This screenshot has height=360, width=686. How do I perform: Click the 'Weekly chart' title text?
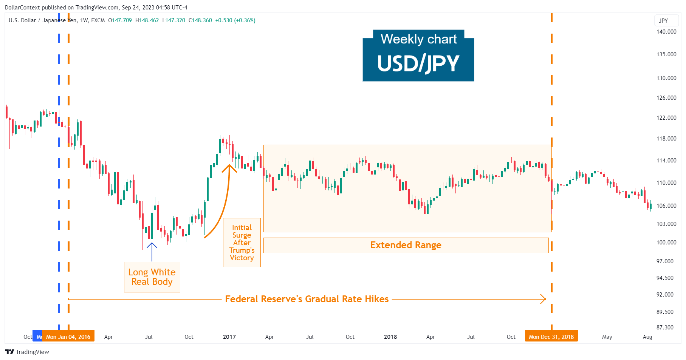pos(418,39)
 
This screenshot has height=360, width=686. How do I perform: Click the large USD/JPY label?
pos(418,63)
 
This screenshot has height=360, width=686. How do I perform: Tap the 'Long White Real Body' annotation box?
pos(152,277)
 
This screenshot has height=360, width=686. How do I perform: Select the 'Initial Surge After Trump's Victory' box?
pos(242,243)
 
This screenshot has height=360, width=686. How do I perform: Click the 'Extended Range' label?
pos(406,245)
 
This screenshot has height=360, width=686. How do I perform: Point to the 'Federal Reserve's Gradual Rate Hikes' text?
pos(307,299)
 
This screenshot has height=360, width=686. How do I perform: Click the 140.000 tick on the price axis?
pos(666,32)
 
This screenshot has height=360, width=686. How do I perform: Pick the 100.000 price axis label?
pos(666,243)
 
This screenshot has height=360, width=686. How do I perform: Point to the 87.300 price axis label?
pos(665,328)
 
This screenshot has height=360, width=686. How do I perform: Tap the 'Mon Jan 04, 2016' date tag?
pos(68,337)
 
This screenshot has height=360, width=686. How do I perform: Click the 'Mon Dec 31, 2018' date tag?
pos(551,337)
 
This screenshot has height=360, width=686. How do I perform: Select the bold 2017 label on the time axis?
pos(229,337)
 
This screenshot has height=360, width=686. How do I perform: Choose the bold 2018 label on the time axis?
pos(390,337)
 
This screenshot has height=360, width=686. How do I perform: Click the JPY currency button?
pos(663,21)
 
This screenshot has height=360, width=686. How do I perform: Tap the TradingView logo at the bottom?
pos(27,352)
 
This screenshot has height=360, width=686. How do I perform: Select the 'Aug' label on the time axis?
pos(647,337)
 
